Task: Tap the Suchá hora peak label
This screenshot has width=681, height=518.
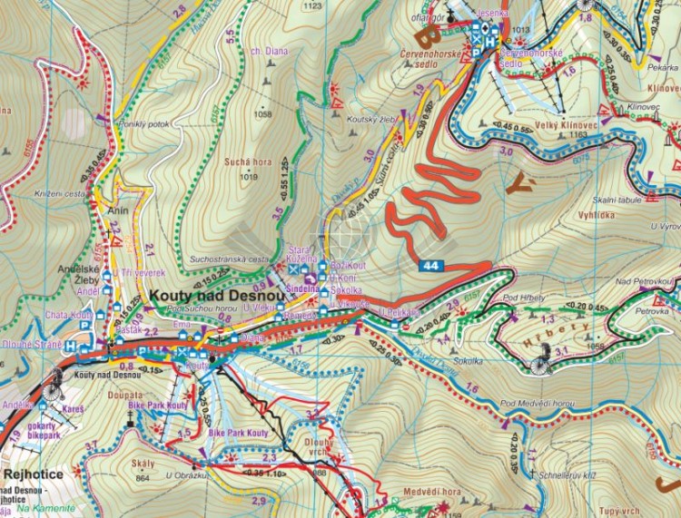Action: point(249,162)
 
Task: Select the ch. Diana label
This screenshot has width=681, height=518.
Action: point(271,52)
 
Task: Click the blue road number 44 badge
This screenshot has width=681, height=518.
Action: point(432,265)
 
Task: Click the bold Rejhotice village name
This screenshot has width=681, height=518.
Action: point(33,474)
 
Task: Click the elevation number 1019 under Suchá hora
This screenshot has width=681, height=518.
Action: point(249,176)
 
